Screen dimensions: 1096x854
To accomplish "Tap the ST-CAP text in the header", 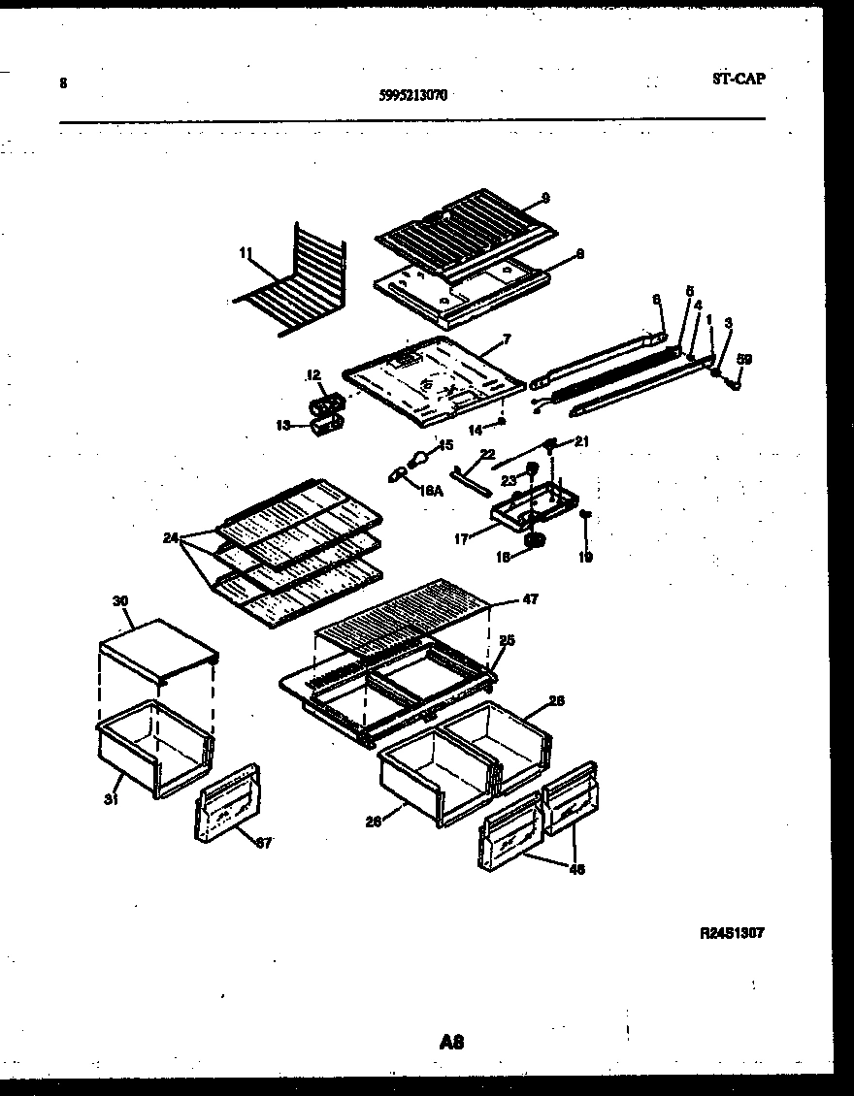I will (737, 80).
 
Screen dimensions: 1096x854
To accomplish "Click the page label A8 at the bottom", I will (451, 1043).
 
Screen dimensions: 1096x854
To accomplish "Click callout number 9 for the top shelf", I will (545, 198).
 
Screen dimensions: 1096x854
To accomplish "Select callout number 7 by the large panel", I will (506, 338).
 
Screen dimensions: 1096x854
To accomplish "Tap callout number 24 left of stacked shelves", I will (171, 537).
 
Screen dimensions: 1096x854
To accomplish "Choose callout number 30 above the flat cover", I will (120, 601).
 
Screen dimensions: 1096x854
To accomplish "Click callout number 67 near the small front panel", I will (263, 842).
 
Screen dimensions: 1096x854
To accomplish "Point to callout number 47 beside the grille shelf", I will (530, 600).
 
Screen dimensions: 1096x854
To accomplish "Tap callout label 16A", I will (432, 492).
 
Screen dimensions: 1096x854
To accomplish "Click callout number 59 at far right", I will (743, 360).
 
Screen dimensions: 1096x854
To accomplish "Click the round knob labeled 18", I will (534, 539).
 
